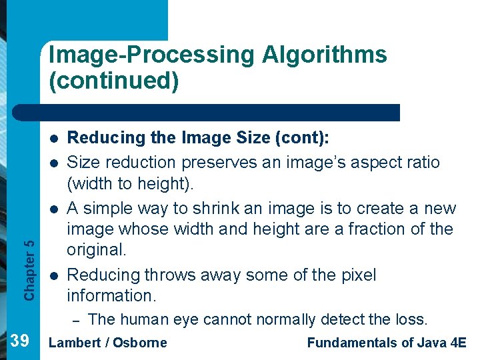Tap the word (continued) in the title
pos(113,81)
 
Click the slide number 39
pos(20,342)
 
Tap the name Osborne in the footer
pos(139,343)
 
